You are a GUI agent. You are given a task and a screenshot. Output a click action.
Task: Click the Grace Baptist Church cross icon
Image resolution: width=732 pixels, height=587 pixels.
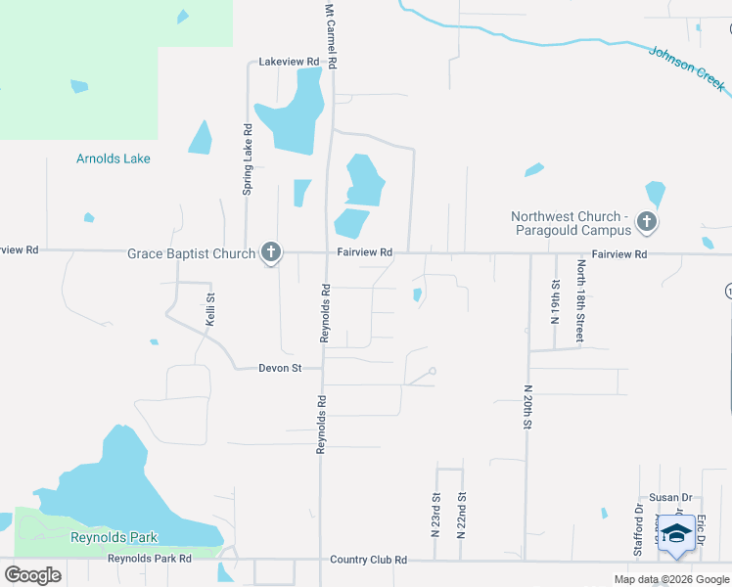[271, 253]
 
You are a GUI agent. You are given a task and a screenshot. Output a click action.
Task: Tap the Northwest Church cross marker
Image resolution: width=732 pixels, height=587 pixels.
[646, 223]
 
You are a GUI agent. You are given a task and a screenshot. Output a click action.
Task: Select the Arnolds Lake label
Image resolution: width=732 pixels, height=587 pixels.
[114, 158]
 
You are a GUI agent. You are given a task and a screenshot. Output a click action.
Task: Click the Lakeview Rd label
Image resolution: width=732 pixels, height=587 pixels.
[289, 62]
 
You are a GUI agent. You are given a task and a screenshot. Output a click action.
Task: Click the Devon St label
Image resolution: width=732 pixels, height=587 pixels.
[277, 369]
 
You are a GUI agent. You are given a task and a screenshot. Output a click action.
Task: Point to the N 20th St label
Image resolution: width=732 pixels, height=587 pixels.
[526, 405]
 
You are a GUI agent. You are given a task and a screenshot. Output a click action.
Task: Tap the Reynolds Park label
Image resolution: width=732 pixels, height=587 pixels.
[114, 537]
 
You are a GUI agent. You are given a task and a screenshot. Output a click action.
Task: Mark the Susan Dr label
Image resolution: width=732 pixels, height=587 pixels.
[670, 498]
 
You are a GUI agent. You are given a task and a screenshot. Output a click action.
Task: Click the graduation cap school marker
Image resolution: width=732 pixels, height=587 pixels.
[676, 533]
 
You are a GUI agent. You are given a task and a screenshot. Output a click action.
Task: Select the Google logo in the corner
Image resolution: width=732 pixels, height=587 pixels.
[33, 575]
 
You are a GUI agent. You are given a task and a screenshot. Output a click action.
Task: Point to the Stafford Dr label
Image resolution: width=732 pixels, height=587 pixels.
[639, 531]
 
